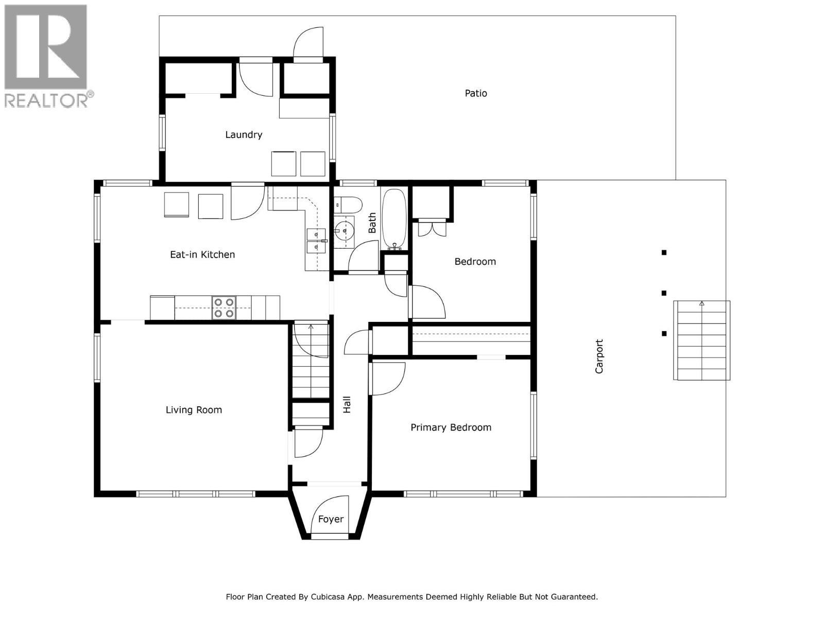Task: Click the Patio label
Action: [x=476, y=93]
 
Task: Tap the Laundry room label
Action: [x=244, y=134]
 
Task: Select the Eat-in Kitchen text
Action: [x=202, y=254]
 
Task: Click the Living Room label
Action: [x=194, y=410]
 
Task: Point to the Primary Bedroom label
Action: [x=451, y=427]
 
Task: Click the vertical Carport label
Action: [x=599, y=356]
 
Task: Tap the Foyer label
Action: [x=331, y=519]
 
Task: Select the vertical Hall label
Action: [x=347, y=404]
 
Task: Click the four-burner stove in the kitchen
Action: [x=224, y=308]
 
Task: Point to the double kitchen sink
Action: [x=315, y=241]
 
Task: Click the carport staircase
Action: [x=701, y=340]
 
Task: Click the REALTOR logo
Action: [x=47, y=56]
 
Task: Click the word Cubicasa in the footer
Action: [x=328, y=597]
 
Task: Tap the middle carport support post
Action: [x=664, y=293]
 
